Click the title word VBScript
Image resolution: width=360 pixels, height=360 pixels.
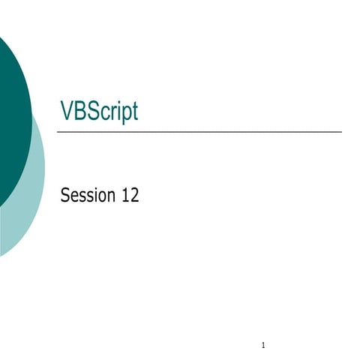click(99, 112)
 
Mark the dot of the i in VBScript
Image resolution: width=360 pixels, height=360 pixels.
click(117, 103)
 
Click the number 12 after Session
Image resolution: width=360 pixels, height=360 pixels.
click(130, 196)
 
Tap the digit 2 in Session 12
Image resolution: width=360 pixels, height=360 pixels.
click(134, 196)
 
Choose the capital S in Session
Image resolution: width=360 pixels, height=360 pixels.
click(65, 196)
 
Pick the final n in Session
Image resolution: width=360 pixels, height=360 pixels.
click(112, 198)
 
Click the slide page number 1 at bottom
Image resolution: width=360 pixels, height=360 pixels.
click(264, 346)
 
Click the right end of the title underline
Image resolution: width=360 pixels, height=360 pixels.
click(340, 131)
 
